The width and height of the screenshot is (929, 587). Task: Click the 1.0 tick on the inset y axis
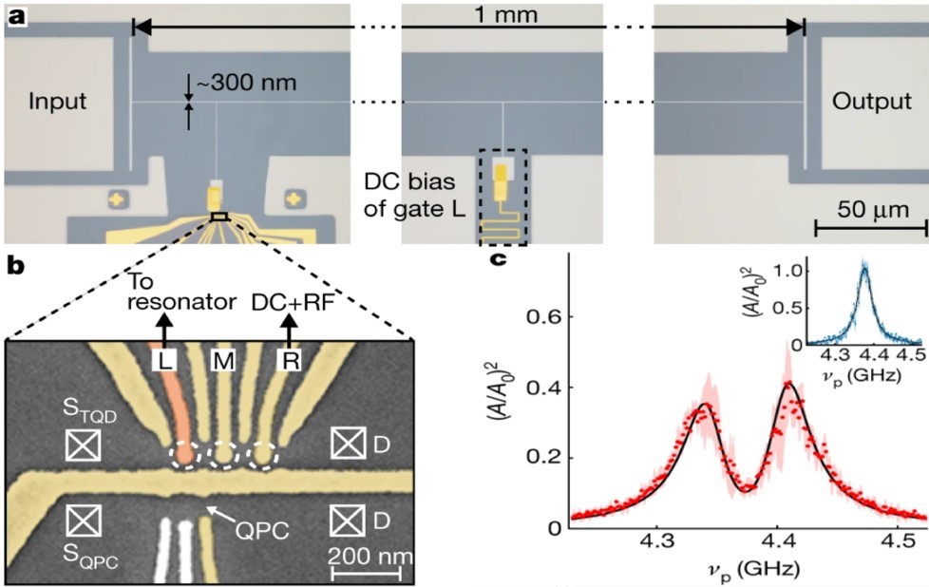pos(789,270)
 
